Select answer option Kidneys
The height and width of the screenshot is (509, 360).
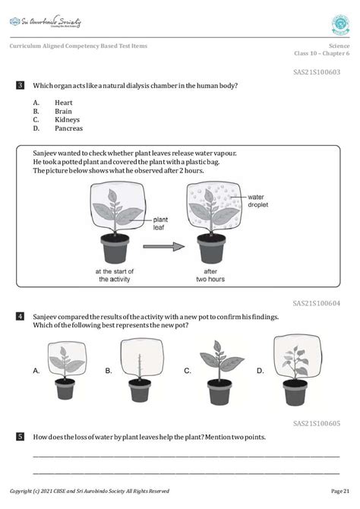click(x=67, y=119)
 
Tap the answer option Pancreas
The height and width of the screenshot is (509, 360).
click(x=68, y=128)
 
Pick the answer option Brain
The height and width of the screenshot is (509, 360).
click(x=64, y=110)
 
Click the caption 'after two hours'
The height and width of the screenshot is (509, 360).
click(x=215, y=275)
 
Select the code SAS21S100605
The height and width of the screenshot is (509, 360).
click(x=317, y=422)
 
